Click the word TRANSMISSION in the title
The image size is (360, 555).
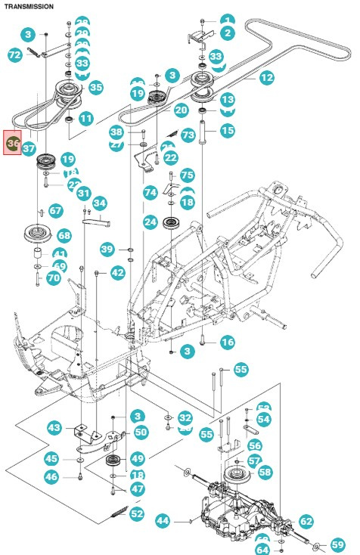tap(29, 6)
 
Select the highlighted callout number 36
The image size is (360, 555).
tap(13, 142)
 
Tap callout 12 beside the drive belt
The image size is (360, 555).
tap(266, 77)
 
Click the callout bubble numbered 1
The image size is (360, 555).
tap(227, 20)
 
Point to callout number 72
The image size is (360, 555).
tap(14, 54)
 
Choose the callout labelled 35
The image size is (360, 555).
tap(95, 88)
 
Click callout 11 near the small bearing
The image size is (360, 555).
tap(85, 119)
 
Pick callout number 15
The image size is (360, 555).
tap(227, 131)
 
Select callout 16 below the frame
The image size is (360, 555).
tap(227, 343)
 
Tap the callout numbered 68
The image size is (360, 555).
tap(64, 236)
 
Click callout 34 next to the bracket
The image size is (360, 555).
tap(99, 203)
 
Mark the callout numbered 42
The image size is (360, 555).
tap(117, 272)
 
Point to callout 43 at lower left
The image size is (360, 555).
tap(54, 428)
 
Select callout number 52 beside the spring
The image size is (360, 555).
tap(136, 514)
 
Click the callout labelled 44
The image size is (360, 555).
tap(163, 520)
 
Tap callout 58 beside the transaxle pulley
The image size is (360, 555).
tap(264, 472)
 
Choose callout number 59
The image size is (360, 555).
tap(337, 544)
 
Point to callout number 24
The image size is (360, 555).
tap(151, 222)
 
